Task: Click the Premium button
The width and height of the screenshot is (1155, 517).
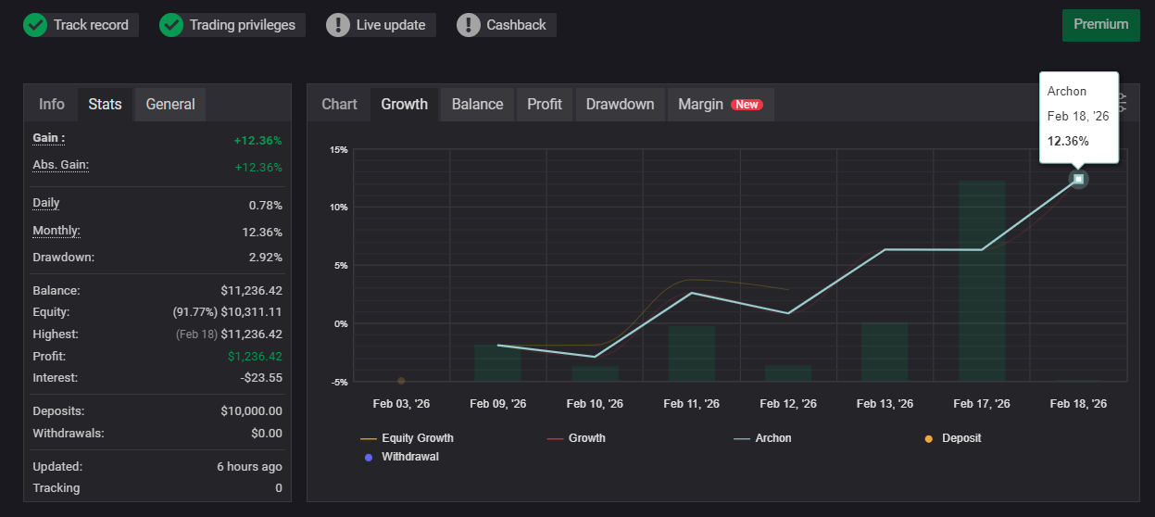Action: pos(1100,25)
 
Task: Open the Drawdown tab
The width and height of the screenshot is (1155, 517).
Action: pos(620,105)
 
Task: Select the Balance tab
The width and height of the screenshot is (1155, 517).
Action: pos(477,105)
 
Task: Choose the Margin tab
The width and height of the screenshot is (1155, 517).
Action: pos(700,105)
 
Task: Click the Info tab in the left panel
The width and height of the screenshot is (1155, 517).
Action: pos(52,105)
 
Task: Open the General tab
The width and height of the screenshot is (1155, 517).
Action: pos(170,105)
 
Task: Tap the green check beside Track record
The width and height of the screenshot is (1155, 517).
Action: pos(35,25)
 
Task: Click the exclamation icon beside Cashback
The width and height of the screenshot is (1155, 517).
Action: pos(469,25)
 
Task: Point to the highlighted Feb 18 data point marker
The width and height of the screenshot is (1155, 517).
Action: pos(1078,179)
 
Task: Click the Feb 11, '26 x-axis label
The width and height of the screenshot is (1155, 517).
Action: pos(691,404)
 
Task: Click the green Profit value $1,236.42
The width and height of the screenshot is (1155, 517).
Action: pos(255,357)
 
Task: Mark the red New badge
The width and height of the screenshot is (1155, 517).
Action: pos(747,105)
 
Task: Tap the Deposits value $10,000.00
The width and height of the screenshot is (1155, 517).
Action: pos(251,411)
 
